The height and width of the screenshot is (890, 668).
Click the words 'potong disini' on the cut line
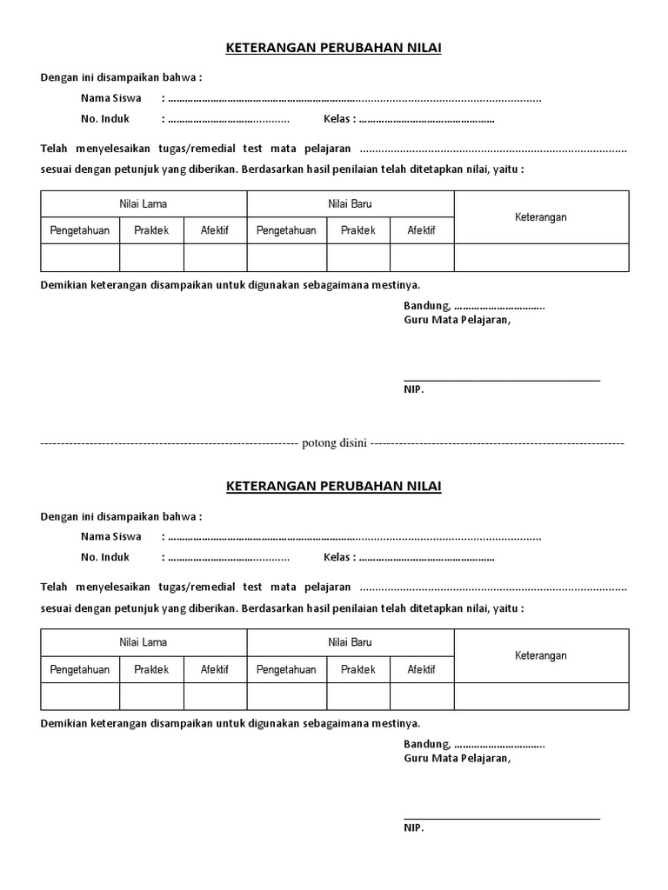tap(334, 443)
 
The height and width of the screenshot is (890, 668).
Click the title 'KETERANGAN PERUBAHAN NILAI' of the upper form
tap(334, 49)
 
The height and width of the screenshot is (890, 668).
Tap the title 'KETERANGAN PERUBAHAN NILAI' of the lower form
tap(334, 487)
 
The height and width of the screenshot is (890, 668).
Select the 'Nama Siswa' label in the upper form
tap(111, 98)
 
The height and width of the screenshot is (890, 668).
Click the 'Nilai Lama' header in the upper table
tap(144, 204)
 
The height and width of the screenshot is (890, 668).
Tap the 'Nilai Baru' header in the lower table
tap(350, 642)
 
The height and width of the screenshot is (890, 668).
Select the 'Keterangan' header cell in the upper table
tap(540, 217)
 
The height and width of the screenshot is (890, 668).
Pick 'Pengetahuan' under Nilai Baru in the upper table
tap(286, 231)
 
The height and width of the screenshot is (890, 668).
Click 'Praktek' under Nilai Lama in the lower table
tap(151, 669)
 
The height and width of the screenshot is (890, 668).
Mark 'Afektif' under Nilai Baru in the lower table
tap(422, 669)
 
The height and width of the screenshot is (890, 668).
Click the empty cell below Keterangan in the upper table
tap(540, 258)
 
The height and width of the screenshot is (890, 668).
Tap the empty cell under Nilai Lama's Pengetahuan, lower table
tap(80, 696)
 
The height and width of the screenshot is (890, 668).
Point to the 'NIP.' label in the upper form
tap(413, 390)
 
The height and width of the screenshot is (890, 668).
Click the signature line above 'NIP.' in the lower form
tap(501, 819)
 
